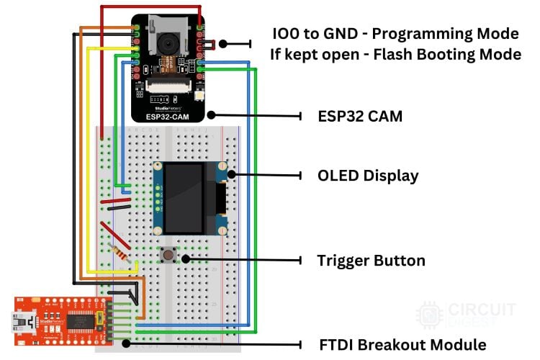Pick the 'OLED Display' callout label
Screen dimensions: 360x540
[x=368, y=176]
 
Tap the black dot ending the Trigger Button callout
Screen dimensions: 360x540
[x=185, y=258]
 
